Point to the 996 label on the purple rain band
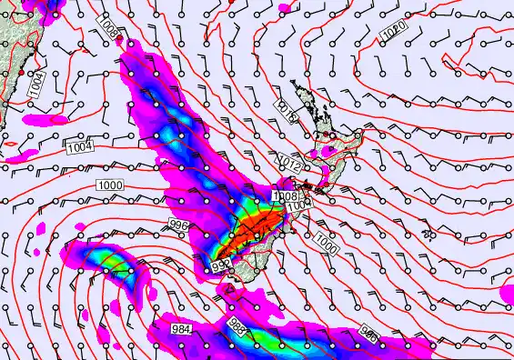(x=368, y=332)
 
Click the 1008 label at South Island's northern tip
(x=283, y=195)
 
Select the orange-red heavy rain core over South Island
(x=244, y=238)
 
